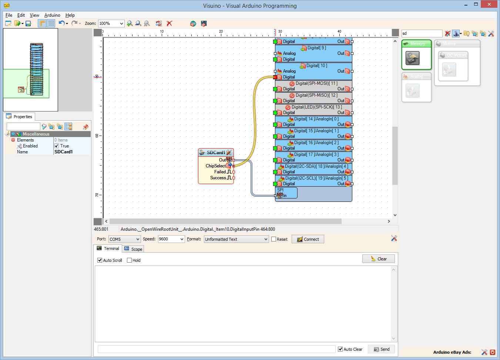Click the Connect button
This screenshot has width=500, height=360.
coord(308,239)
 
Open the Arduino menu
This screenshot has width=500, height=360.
coord(52,15)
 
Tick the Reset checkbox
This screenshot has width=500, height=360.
coord(274,239)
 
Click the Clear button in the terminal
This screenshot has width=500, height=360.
coord(378,259)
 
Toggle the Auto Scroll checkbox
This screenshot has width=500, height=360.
coord(100,260)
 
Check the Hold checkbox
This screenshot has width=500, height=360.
coord(130,260)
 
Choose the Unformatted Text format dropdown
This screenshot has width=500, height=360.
coord(236,239)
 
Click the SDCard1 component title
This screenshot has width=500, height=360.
coord(215,153)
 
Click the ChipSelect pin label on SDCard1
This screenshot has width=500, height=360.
coord(215,166)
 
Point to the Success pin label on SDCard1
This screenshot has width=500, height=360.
coord(218,178)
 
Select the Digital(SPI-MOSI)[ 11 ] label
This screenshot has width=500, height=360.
coord(316,83)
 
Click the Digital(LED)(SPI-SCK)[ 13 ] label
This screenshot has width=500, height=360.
coord(316,107)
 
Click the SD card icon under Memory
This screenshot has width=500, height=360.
coord(412,58)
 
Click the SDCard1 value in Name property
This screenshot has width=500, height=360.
coord(64,152)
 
